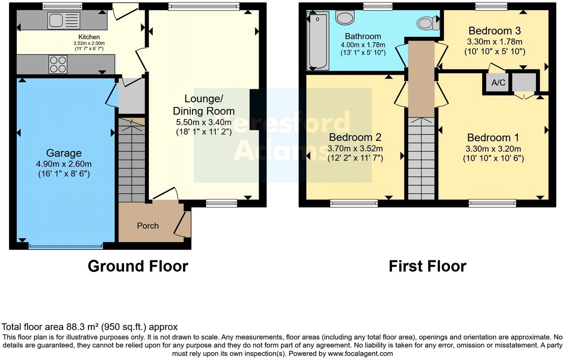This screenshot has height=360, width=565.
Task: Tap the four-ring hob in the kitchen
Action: coord(58,64)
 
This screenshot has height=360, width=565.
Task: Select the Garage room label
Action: coord(64,153)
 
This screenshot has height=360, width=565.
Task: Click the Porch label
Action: coord(148,226)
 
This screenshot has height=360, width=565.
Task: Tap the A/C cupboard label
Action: coord(498,83)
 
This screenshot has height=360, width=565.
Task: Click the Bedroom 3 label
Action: coord(494,30)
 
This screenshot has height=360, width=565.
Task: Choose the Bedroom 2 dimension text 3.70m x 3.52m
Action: coord(355,149)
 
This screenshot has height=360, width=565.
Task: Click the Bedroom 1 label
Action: coord(493,138)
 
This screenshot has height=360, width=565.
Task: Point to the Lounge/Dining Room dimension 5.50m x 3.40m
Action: coord(204,122)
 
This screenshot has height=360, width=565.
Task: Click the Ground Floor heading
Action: coord(138,266)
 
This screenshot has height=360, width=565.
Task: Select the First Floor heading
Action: coord(427,266)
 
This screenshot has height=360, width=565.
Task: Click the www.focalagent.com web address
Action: coord(360,353)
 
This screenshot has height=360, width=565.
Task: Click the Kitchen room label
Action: coord(89,37)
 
